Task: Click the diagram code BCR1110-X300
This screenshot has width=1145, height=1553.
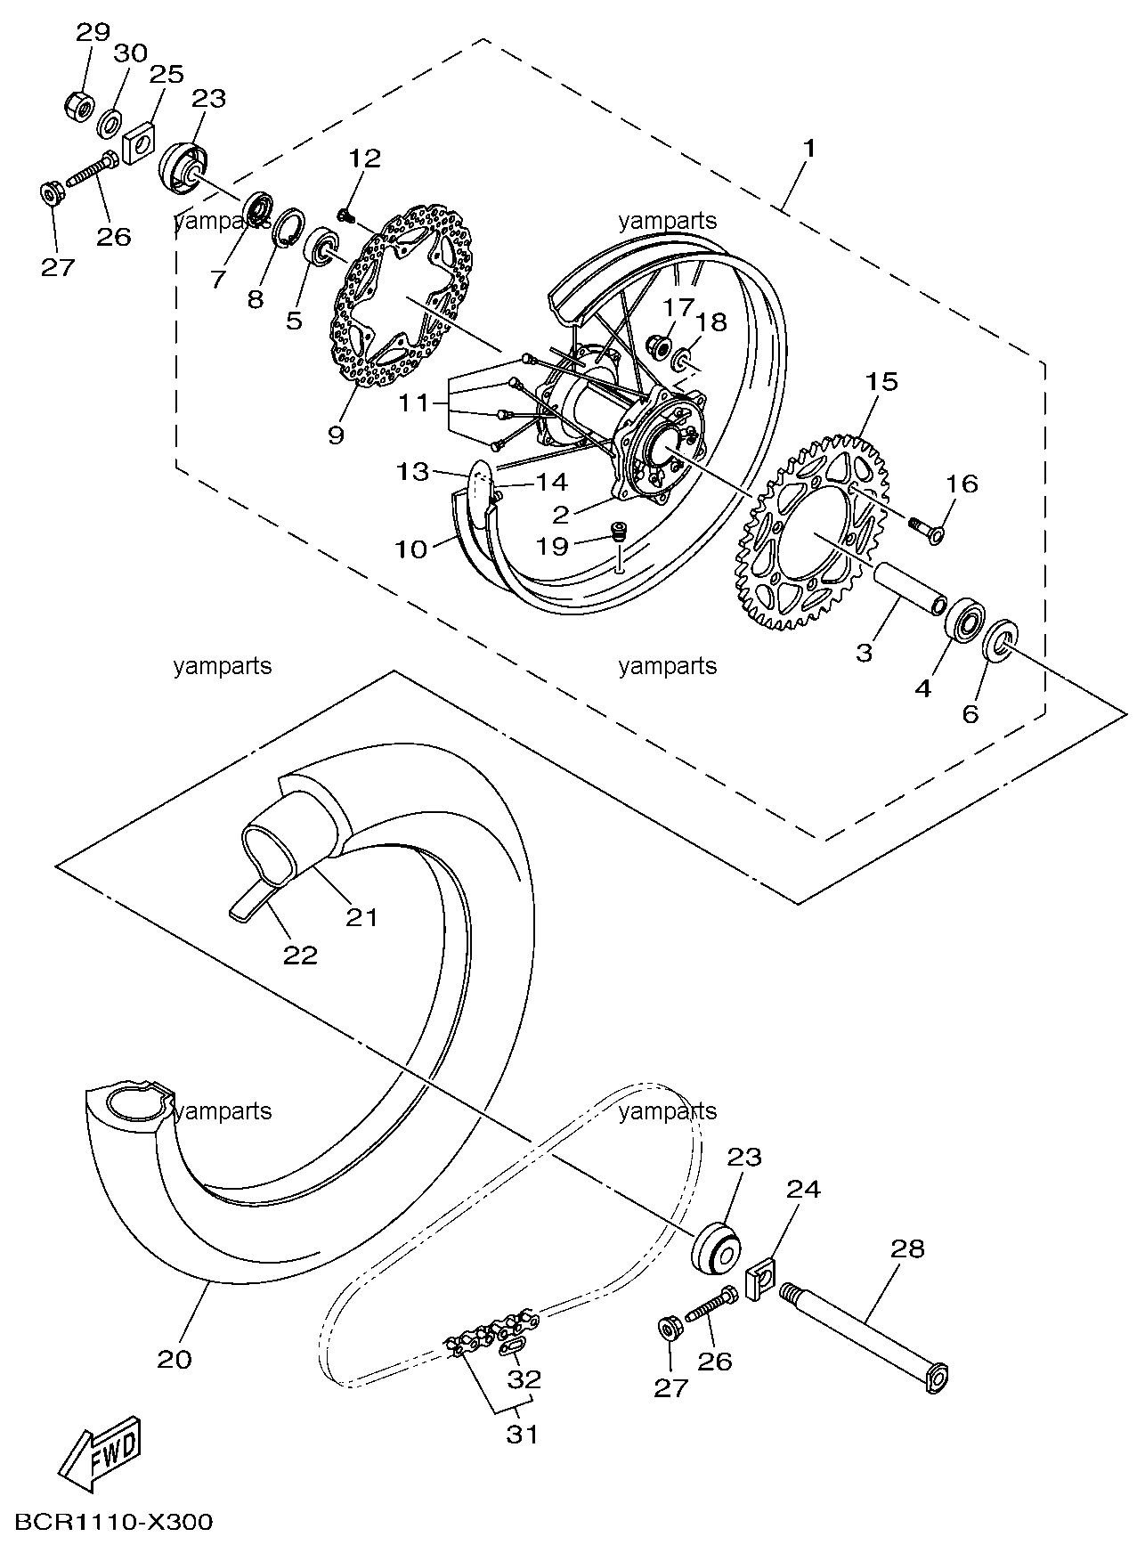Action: click(x=112, y=1522)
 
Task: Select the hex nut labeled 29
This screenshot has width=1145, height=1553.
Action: click(x=79, y=106)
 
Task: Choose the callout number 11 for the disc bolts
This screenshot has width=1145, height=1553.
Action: click(x=413, y=402)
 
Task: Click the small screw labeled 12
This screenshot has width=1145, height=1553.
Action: click(x=346, y=214)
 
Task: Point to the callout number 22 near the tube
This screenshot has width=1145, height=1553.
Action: click(x=300, y=955)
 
